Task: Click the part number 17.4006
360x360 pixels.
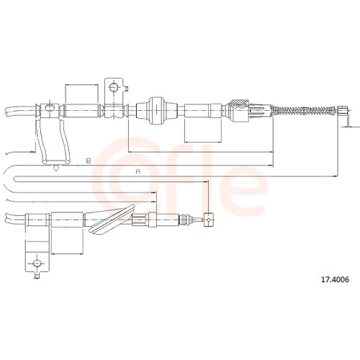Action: [x=335, y=279]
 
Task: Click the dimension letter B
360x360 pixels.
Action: [x=89, y=161]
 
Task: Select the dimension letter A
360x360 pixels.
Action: [x=138, y=172]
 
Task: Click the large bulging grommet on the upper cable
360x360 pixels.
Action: [x=157, y=110]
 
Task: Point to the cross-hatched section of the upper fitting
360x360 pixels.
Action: [x=238, y=104]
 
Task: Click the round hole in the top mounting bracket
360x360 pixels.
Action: [x=113, y=87]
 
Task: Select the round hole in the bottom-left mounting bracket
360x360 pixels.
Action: [x=37, y=264]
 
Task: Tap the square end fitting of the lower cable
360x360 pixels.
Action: [x=208, y=220]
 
